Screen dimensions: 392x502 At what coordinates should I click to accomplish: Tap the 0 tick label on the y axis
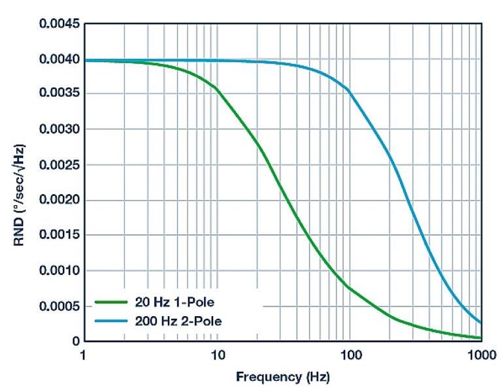(x=75, y=341)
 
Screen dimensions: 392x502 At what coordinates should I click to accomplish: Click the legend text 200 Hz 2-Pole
(x=177, y=321)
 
